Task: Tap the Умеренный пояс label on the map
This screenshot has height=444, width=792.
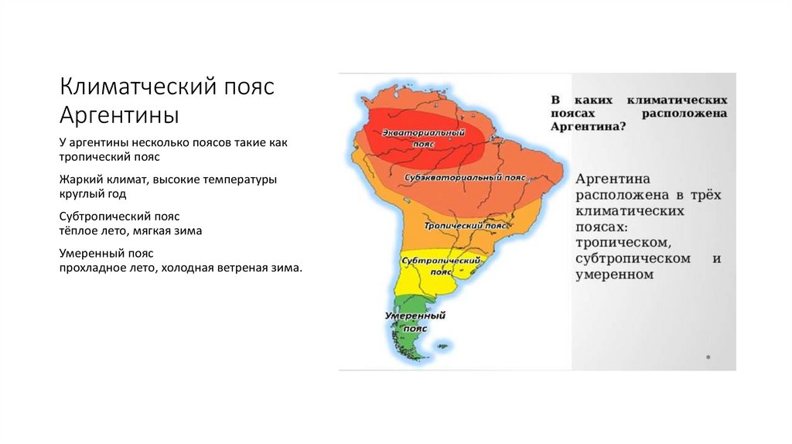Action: coord(415,322)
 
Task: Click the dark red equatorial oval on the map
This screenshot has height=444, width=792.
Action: coord(425,143)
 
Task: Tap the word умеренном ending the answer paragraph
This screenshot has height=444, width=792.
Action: coord(615,274)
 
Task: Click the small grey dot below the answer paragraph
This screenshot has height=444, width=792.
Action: coord(708,357)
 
